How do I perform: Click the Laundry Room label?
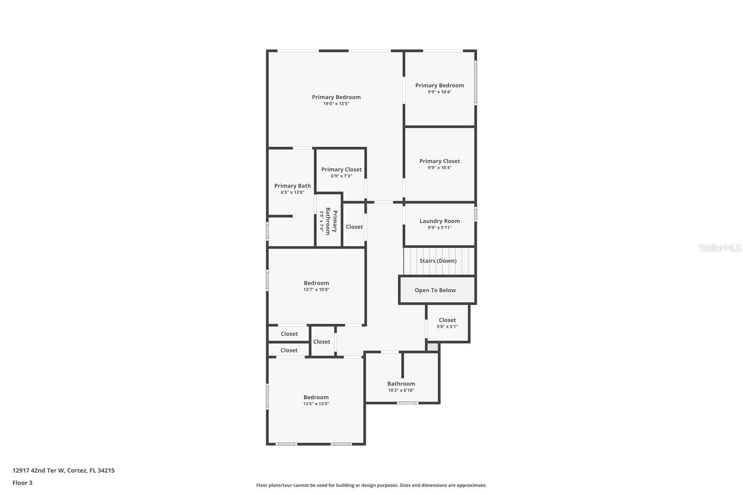[439, 221]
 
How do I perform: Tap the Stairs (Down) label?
[438, 261]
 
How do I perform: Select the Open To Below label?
[435, 290]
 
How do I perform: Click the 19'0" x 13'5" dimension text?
[336, 104]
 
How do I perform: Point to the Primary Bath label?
[293, 186]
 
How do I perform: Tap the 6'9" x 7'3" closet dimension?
[341, 176]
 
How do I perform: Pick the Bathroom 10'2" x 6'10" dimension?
[401, 391]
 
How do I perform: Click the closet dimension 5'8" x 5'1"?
[447, 326]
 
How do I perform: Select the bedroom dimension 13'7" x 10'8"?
[316, 290]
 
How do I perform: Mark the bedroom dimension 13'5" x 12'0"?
[316, 404]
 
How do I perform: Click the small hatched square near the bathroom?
[432, 347]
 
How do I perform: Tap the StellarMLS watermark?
[720, 248]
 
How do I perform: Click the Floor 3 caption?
[22, 483]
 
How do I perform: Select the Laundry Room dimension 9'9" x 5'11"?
[439, 228]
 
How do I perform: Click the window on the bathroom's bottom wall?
[408, 403]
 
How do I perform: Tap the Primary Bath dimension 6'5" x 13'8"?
[293, 192]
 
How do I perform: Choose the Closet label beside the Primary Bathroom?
[354, 227]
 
